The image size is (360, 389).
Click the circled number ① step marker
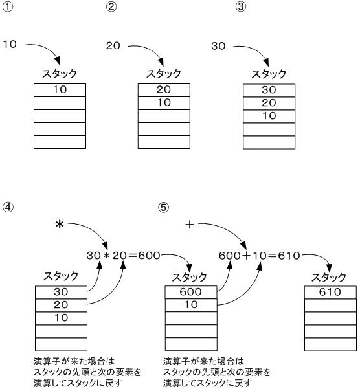coord(6,7)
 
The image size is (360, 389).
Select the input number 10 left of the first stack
coord(10,45)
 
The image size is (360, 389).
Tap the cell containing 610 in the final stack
coord(330,293)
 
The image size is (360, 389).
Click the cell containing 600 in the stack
coord(191,293)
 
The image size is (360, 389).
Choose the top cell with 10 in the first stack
coord(60,90)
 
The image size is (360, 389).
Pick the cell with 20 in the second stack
coord(164,90)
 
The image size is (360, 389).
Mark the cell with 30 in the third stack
coord(268,90)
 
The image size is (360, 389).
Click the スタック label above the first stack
coord(60,74)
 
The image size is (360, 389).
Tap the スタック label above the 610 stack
coord(330,277)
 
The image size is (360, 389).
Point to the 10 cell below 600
coord(191,305)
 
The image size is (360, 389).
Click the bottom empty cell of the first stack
coord(60,142)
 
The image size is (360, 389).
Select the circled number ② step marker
coord(111,7)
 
